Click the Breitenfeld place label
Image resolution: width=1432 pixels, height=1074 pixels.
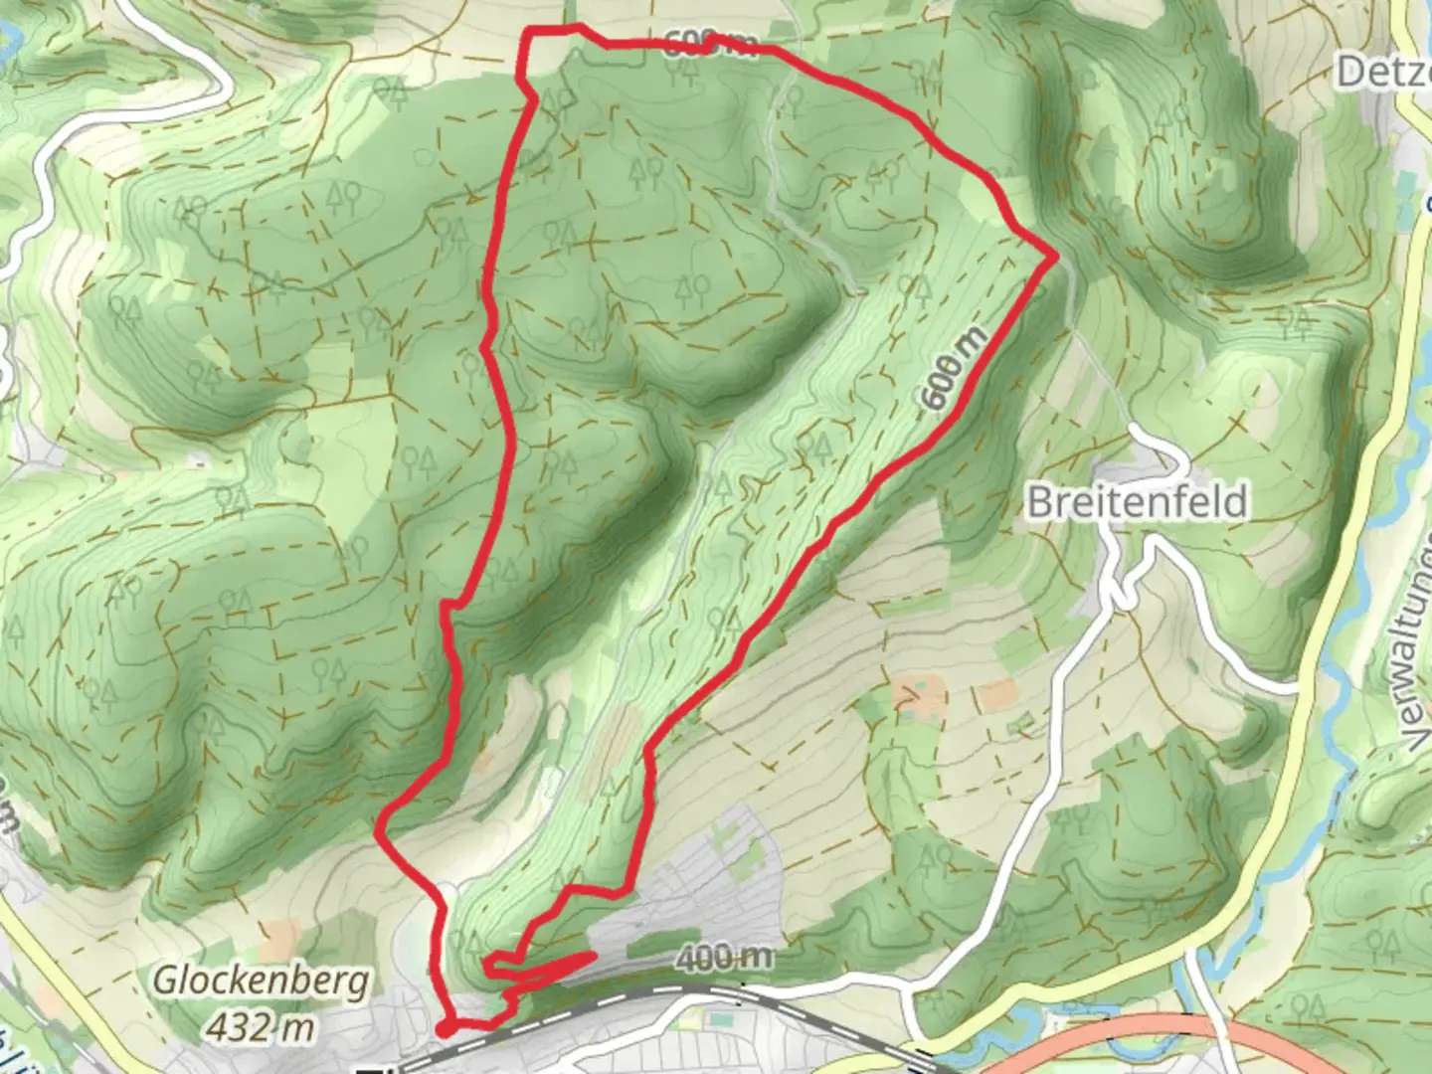tap(1136, 501)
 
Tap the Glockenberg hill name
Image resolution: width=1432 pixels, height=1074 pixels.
tap(261, 981)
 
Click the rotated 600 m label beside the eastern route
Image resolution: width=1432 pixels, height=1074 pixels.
tap(955, 368)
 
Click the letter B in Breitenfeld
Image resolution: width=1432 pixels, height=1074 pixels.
tap(1038, 502)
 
